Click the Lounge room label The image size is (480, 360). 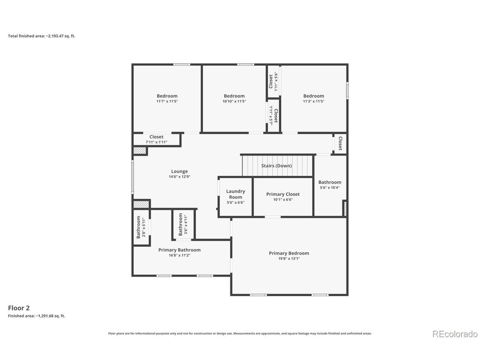[179, 171]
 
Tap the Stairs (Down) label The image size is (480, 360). [276, 166]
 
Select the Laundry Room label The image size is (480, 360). [235, 194]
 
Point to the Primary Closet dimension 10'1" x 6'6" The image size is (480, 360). [283, 199]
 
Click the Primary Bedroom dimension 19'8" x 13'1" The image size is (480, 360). [289, 259]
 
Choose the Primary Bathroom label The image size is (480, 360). [179, 250]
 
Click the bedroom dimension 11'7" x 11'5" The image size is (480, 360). [167, 101]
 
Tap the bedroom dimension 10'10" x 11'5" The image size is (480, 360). [234, 101]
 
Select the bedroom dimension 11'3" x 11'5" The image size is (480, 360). [313, 101]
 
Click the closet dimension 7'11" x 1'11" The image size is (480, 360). [156, 142]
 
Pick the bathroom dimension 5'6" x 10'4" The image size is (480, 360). [330, 187]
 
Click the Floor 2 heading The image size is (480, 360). [19, 308]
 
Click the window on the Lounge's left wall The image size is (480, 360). [132, 177]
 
